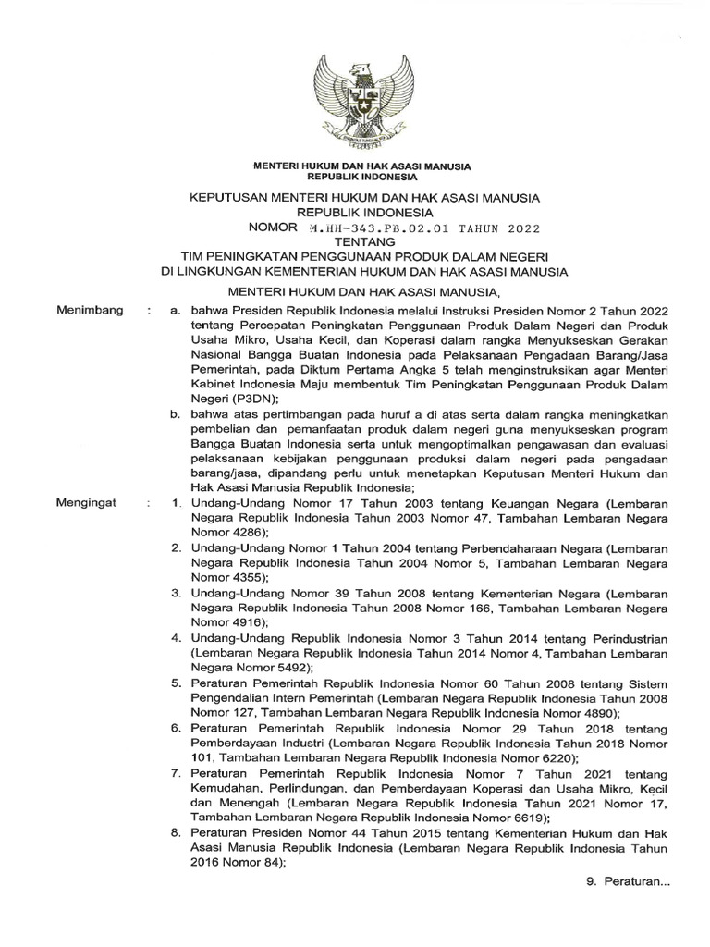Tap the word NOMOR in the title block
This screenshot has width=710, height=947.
click(x=273, y=227)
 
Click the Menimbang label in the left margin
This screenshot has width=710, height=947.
click(x=90, y=314)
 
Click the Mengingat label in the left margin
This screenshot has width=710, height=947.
click(x=89, y=504)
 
